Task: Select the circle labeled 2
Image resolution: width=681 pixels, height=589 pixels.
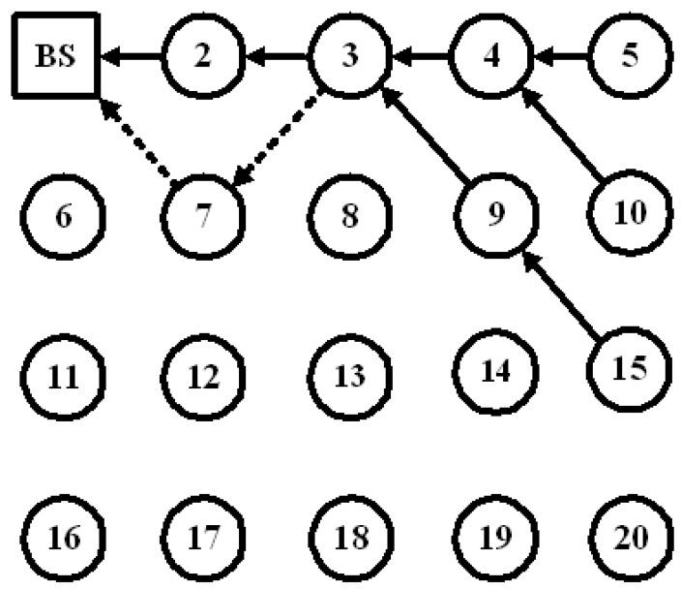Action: pos(201,55)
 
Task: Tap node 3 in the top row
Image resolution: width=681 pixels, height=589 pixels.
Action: pos(350,55)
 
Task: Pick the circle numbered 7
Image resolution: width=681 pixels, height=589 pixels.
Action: pos(203,215)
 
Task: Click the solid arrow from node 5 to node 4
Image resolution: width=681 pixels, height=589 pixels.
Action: pos(564,57)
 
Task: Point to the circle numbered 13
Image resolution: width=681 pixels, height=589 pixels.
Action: pos(348,376)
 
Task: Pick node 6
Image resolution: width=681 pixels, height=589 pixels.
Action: pos(64,215)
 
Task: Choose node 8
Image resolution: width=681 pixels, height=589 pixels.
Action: pos(350,215)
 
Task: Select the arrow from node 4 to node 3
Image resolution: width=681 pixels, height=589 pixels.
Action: pos(423,57)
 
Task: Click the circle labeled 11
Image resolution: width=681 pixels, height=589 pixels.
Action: pos(64,376)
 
